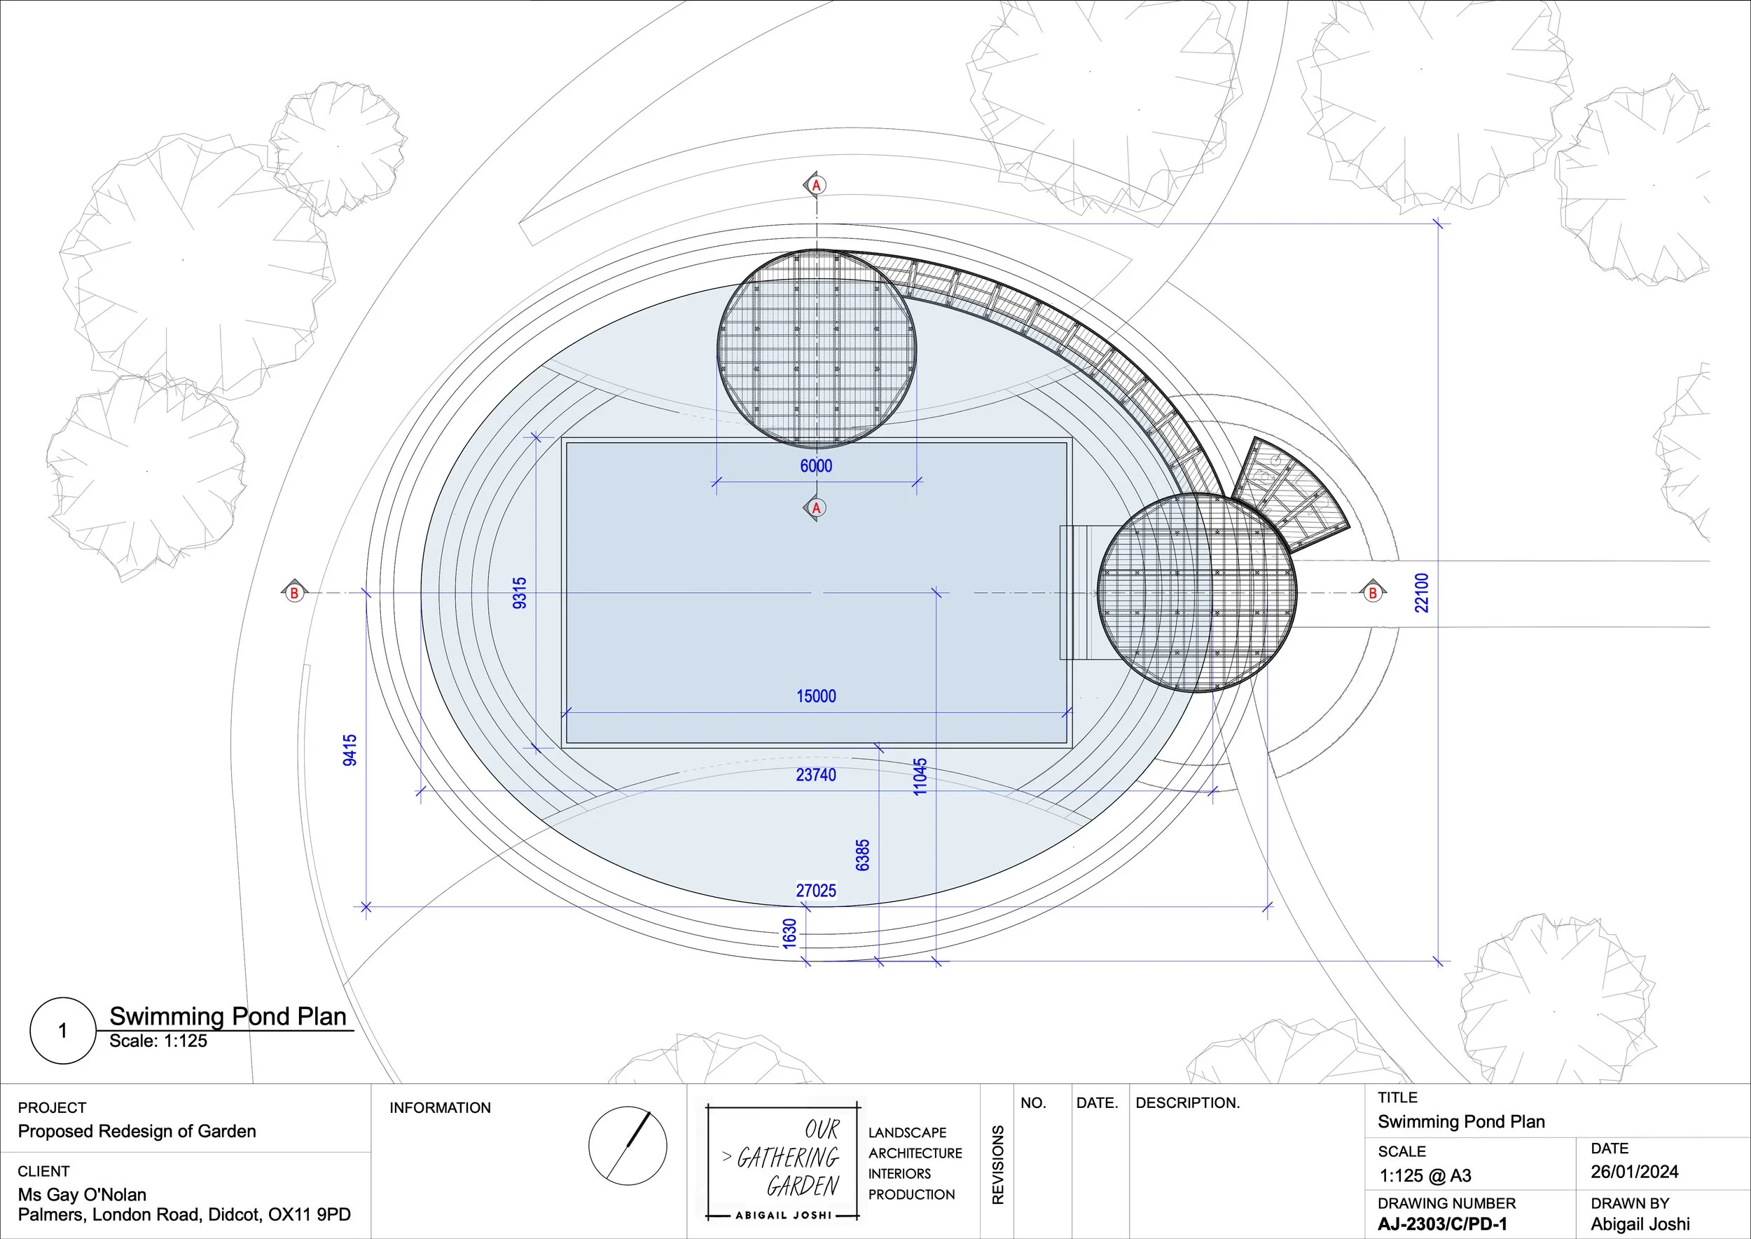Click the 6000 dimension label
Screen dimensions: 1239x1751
coord(816,465)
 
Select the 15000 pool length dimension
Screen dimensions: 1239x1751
coord(816,696)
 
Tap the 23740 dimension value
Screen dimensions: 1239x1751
coord(816,775)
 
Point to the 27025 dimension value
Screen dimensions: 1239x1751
coord(816,890)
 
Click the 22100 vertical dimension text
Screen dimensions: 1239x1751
coord(1422,593)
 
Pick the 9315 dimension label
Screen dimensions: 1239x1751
coord(520,593)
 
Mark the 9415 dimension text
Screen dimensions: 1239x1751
coord(349,750)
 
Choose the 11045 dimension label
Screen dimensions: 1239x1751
coord(920,776)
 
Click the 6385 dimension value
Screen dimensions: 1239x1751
coord(862,855)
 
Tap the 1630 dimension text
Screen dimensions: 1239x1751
coord(789,934)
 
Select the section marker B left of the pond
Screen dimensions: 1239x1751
coord(293,593)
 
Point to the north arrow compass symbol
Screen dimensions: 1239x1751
coord(628,1145)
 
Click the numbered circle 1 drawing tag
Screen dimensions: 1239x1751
coord(62,1031)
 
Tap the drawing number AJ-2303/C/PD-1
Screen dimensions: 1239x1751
coord(1442,1224)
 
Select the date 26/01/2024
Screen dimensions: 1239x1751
coord(1634,1172)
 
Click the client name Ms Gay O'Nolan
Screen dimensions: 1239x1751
coord(83,1195)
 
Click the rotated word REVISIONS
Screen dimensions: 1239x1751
coord(997,1164)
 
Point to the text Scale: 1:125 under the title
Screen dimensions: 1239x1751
coord(158,1041)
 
